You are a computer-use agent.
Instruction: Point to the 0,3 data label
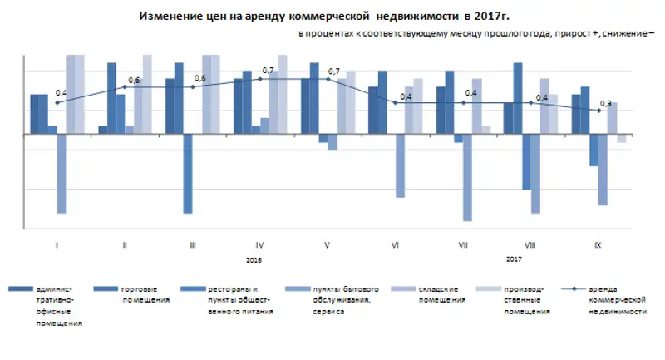point(605,103)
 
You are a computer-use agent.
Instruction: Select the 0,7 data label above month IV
point(268,71)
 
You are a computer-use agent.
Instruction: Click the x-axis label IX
point(598,245)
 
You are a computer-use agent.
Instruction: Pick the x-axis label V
point(328,245)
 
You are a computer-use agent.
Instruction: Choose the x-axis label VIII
point(530,245)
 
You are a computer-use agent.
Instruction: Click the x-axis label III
point(193,245)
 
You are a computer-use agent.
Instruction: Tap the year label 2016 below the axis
point(254,260)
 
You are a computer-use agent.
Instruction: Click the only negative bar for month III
point(188,173)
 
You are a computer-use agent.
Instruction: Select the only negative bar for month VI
point(400,165)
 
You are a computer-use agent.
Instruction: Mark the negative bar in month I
point(62,173)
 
